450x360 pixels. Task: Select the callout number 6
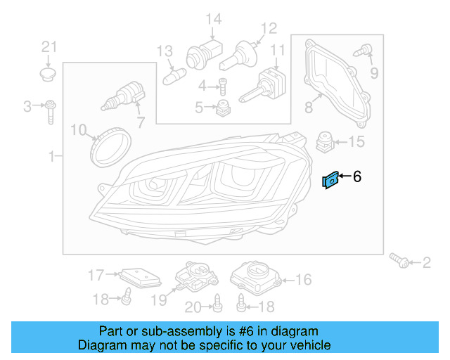tap(357, 177)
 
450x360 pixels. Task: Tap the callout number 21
tap(48, 47)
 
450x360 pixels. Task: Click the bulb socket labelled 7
tap(124, 96)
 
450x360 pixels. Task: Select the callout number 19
tap(159, 300)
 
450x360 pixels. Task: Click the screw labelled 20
tap(217, 304)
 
